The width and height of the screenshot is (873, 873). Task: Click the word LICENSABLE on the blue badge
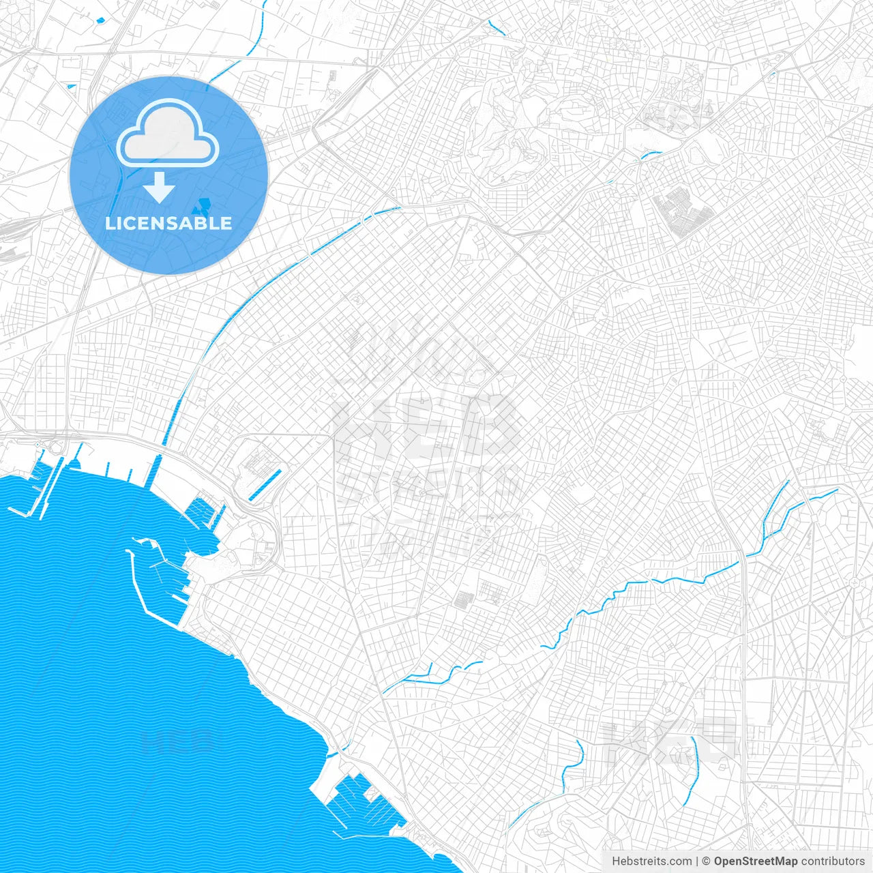coord(168,223)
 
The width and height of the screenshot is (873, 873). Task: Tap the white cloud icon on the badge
coord(168,133)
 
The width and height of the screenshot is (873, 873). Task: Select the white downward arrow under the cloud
coord(160,187)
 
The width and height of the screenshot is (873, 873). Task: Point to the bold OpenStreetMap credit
coord(756,861)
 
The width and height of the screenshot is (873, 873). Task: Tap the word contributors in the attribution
coord(833,861)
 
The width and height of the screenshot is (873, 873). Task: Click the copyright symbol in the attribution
coord(707,861)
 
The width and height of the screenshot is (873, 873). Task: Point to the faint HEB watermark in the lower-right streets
coord(668,740)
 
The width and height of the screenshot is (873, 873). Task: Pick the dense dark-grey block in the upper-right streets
coord(681,211)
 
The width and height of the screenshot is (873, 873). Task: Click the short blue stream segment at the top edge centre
coord(497,27)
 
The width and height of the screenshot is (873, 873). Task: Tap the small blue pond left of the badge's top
coord(72,86)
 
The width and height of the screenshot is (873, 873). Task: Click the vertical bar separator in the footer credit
coord(697,861)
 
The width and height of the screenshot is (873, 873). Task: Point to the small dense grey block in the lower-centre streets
coord(464,600)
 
